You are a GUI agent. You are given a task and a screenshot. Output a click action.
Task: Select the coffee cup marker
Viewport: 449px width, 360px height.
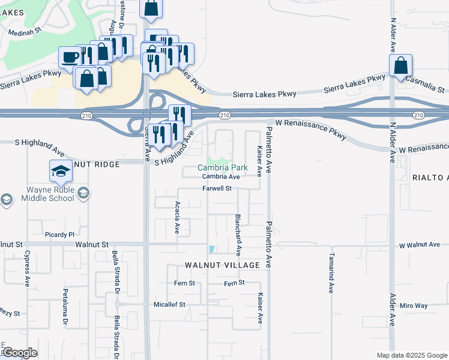pos(70,57)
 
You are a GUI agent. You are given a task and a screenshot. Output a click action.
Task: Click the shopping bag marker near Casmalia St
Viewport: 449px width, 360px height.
pos(400,65)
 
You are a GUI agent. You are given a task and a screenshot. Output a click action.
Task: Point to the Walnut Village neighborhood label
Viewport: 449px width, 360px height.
pos(222,265)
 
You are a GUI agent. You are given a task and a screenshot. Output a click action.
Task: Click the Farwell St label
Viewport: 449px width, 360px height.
pos(217,188)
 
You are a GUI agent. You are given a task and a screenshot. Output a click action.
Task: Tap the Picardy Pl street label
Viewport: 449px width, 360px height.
pos(59,235)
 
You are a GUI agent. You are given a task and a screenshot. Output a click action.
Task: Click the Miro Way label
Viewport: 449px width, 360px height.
pos(414,305)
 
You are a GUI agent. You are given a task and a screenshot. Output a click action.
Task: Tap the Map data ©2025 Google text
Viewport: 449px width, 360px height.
pos(411,355)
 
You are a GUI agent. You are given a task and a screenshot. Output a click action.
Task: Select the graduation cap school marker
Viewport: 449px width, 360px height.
pos(60,172)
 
